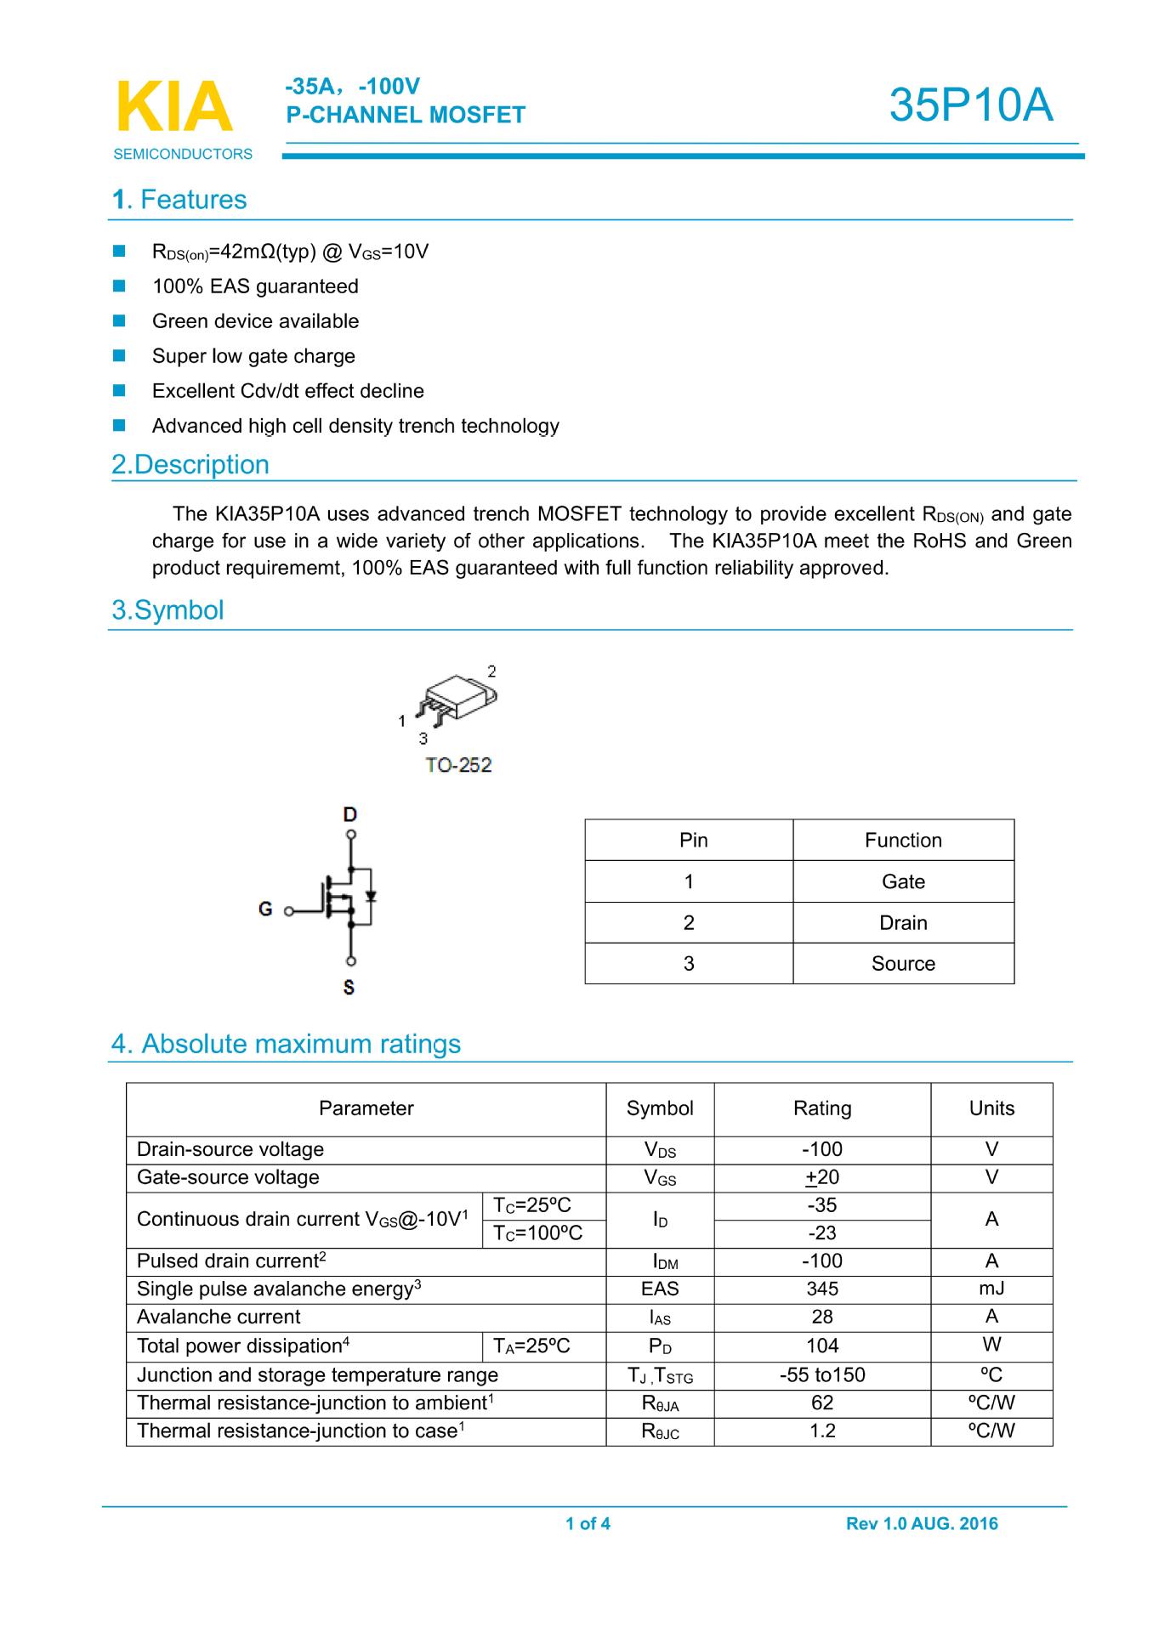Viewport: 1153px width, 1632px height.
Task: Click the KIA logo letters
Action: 173,107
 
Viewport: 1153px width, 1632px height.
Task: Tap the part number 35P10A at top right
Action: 971,105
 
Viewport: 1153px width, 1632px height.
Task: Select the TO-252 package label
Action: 458,765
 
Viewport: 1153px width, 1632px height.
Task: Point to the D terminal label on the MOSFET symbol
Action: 349,814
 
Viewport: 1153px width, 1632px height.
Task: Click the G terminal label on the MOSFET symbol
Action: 265,909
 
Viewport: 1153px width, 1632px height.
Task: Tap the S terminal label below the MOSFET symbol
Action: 349,988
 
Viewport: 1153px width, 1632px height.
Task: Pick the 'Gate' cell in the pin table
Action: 903,881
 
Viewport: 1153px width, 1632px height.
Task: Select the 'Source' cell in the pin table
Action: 903,963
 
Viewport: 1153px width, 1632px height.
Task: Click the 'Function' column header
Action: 903,840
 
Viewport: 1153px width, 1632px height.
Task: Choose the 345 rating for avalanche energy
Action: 822,1289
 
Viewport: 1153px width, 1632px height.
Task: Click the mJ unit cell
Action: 991,1289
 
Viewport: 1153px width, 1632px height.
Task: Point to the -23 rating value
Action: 822,1232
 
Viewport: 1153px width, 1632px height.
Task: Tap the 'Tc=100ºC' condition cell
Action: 538,1232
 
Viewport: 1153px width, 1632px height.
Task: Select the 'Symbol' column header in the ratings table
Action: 660,1108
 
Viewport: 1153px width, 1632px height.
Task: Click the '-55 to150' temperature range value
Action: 822,1374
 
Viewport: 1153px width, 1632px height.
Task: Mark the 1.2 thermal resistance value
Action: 822,1431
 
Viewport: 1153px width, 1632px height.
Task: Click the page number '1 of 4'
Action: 588,1523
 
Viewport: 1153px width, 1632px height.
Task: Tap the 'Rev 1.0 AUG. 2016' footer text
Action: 922,1523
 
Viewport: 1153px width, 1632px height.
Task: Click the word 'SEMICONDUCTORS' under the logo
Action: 183,154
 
